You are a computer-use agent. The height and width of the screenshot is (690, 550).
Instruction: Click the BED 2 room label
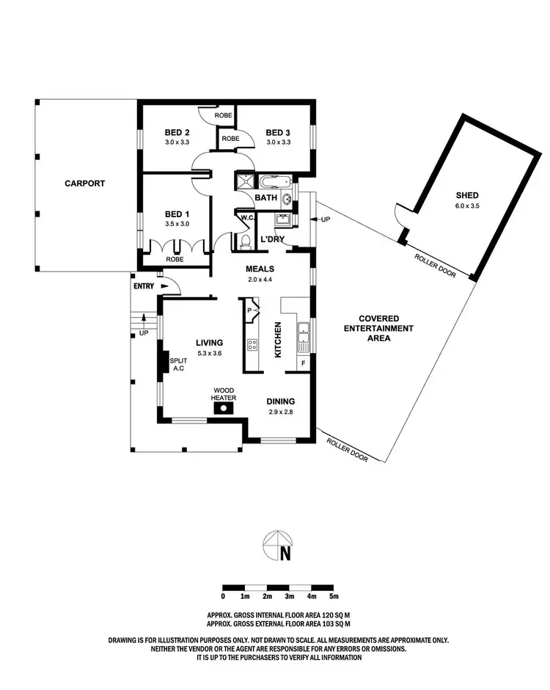pyautogui.click(x=178, y=133)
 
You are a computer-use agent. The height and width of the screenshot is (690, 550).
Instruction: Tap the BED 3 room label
pyautogui.click(x=279, y=133)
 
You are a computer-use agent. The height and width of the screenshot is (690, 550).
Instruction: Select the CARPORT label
pyautogui.click(x=84, y=184)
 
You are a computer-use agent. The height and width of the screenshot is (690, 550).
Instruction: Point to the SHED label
pyautogui.click(x=467, y=195)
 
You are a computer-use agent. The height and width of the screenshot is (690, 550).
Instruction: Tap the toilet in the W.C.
pyautogui.click(x=246, y=241)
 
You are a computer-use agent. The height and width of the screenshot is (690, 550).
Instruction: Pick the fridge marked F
pyautogui.click(x=304, y=363)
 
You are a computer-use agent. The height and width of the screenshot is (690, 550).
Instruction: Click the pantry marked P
pyautogui.click(x=249, y=310)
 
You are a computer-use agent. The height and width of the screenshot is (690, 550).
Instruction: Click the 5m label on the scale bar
pyautogui.click(x=334, y=597)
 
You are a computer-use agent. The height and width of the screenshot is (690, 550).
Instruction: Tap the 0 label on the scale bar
pyautogui.click(x=222, y=597)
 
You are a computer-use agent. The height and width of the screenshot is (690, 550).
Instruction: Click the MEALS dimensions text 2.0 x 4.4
pyautogui.click(x=258, y=280)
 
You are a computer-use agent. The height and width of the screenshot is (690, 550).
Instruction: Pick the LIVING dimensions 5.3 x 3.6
pyautogui.click(x=209, y=353)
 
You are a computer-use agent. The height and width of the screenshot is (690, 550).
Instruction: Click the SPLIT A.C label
pyautogui.click(x=177, y=365)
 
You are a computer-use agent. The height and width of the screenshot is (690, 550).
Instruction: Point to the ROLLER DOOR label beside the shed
pyautogui.click(x=435, y=265)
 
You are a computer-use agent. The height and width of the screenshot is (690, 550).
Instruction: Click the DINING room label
pyautogui.click(x=280, y=402)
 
